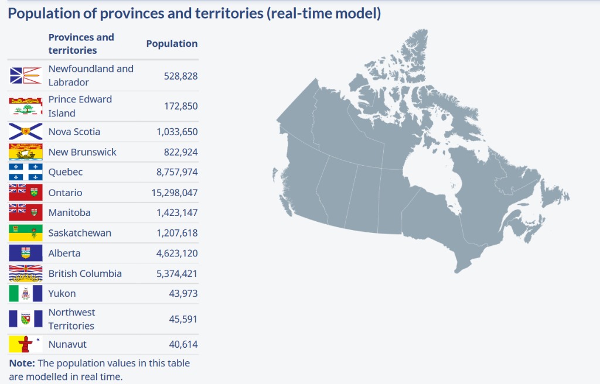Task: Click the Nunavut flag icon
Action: coord(26,344)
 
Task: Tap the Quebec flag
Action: coord(26,172)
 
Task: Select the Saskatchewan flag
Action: coord(26,232)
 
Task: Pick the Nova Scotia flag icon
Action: coord(26,132)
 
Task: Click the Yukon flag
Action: coord(26,293)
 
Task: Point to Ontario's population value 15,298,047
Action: coord(175,193)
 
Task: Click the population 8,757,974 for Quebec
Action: coord(177,172)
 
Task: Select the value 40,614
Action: coord(183,344)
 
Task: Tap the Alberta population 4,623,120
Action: coord(177,253)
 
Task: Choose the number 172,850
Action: coord(180,106)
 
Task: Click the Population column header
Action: coord(172,43)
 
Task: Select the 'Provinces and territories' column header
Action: coord(81,43)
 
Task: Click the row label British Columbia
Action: coord(85,273)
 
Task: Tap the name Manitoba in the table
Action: coord(69,212)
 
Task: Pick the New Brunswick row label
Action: coord(82,152)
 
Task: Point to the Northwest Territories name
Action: coord(71,319)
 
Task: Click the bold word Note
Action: coord(22,363)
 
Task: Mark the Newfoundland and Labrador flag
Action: coord(26,76)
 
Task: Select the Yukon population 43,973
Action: coord(183,293)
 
